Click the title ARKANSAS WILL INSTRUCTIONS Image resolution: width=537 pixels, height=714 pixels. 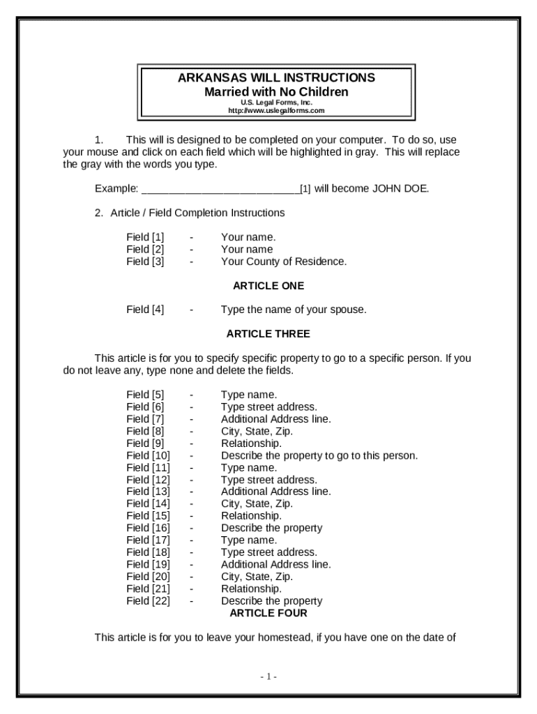coord(276,77)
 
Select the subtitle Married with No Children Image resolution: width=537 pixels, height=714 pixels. coord(276,92)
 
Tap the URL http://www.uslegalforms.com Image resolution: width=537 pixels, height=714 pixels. coord(276,111)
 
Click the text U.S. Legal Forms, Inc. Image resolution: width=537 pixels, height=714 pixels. coord(276,102)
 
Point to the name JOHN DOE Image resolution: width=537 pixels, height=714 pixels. coord(400,188)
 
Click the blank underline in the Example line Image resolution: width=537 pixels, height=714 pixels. coord(220,189)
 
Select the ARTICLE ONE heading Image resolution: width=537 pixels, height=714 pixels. coord(268,286)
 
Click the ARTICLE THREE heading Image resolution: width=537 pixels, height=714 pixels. coord(268,334)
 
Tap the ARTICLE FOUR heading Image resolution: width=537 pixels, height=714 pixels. coord(268,614)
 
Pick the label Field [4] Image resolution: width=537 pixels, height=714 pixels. coord(145,310)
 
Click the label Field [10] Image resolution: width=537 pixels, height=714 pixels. coord(148,455)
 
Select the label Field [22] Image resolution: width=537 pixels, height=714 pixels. coord(148,601)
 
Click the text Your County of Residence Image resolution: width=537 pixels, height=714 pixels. coord(284,261)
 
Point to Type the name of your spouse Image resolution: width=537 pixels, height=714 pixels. coord(294,310)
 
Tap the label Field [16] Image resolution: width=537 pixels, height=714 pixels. coord(148,528)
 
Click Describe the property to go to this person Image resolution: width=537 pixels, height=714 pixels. coord(319,455)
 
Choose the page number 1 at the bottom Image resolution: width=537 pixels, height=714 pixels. coord(268,677)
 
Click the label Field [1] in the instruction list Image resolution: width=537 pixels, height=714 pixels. coord(145,237)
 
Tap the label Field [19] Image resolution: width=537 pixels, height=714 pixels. coord(148,564)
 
